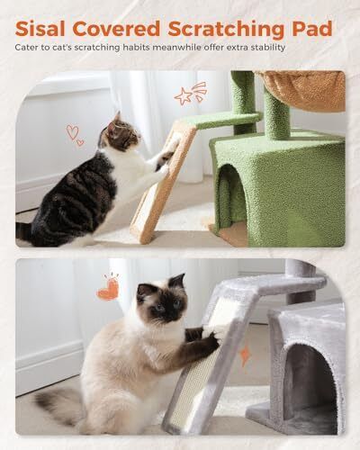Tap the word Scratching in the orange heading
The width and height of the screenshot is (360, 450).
click(x=226, y=30)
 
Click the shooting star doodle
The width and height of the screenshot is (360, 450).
click(x=190, y=93)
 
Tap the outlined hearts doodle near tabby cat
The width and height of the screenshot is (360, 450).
click(x=75, y=135)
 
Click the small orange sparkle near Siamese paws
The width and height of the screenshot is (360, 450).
click(x=245, y=356)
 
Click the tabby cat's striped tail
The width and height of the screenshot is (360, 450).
click(x=24, y=230)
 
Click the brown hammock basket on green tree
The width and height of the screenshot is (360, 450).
click(x=301, y=90)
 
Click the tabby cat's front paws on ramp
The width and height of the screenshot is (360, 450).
click(x=165, y=160)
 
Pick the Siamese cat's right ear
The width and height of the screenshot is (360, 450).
click(x=177, y=281)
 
